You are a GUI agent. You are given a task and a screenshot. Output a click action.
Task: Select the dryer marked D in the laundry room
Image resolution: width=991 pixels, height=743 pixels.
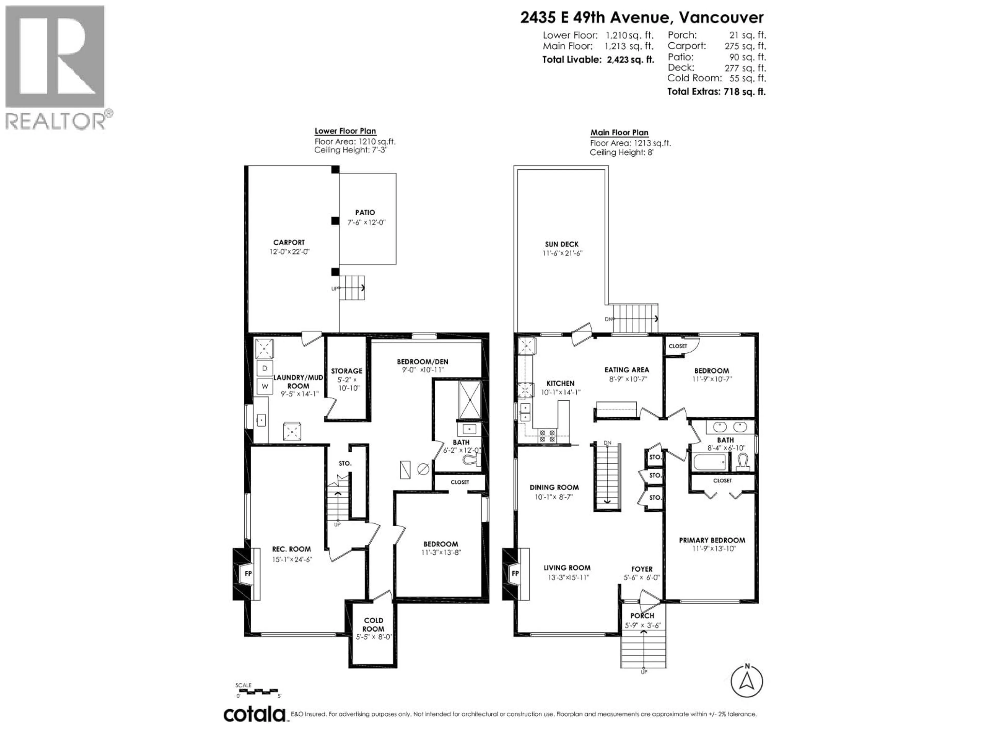coord(264,368)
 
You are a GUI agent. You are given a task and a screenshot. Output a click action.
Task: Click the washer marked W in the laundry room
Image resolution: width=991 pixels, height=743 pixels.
coord(264,386)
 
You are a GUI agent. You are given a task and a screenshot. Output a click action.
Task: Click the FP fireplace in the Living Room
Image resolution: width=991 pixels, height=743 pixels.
coord(516,574)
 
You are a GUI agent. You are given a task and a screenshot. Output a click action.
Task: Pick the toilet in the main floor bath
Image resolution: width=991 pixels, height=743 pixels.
coord(742,462)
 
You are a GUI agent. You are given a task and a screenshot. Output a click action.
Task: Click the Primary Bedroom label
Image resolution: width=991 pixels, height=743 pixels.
coord(712,540)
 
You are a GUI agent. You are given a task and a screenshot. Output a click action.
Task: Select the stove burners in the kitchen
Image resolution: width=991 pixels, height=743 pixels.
coord(547,436)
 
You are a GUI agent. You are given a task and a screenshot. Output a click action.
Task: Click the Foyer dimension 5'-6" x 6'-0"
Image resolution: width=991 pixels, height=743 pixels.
coord(642,578)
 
